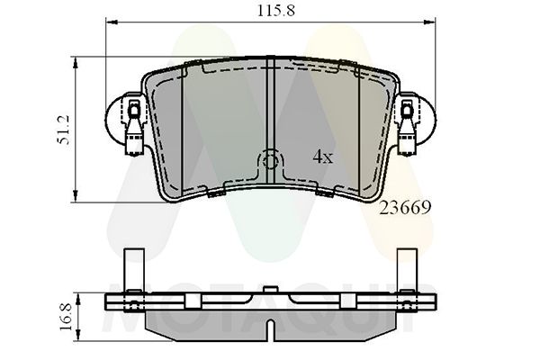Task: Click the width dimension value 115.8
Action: pyautogui.click(x=268, y=12)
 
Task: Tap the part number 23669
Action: pyautogui.click(x=406, y=208)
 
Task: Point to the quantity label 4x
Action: pyautogui.click(x=322, y=157)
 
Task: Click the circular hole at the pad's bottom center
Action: pyautogui.click(x=270, y=162)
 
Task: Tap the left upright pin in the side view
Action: pyautogui.click(x=132, y=270)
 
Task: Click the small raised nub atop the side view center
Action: pyautogui.click(x=270, y=290)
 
